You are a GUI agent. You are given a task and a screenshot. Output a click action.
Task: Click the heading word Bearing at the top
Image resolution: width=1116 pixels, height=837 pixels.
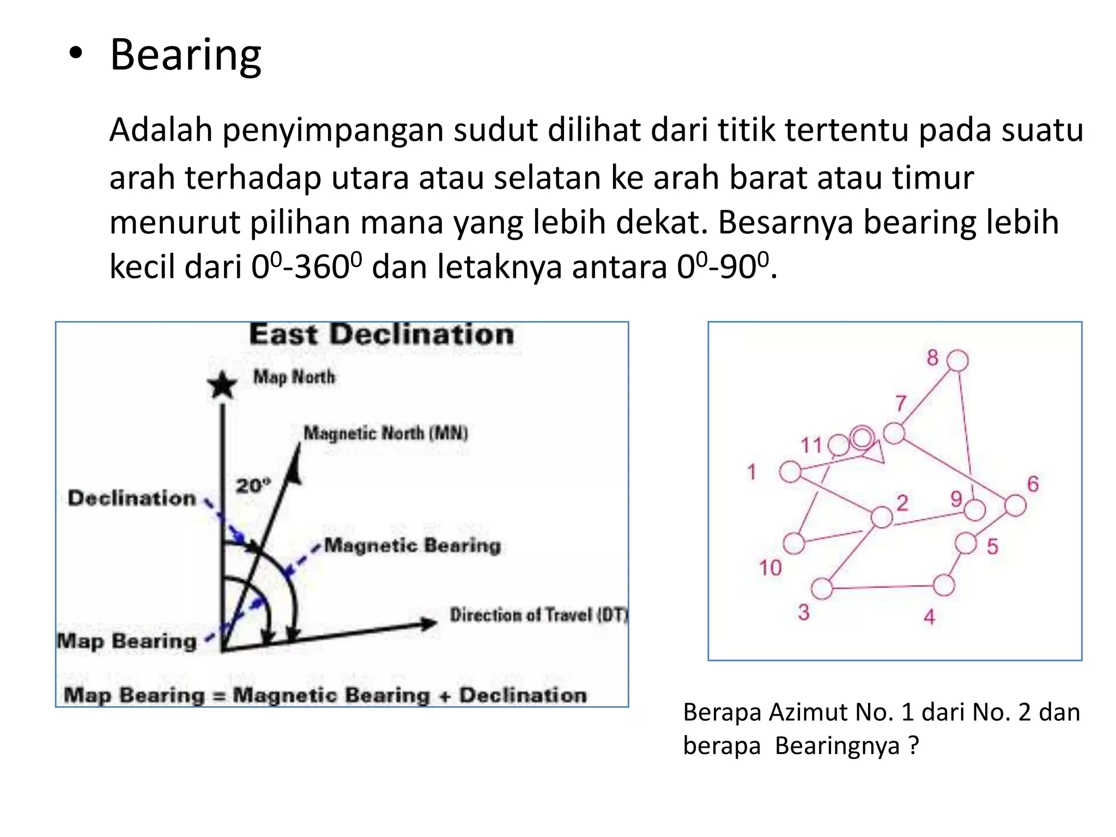coord(185,56)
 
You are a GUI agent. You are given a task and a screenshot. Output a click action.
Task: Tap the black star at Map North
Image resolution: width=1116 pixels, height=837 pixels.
coord(222,386)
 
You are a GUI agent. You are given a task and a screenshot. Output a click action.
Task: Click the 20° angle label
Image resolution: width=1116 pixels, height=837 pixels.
coord(253,485)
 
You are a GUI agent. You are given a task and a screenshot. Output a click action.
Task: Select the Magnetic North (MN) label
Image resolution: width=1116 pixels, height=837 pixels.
coord(385,433)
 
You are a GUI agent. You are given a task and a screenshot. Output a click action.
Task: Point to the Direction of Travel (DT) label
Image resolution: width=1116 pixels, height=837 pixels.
coord(538,615)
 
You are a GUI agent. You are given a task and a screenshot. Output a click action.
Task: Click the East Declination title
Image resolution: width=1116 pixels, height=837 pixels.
coord(381,335)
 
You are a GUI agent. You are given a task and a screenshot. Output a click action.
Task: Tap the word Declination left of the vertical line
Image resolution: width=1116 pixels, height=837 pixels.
coord(132,498)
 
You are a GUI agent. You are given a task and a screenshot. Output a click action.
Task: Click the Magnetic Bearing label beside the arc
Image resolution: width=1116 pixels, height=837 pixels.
coord(413,545)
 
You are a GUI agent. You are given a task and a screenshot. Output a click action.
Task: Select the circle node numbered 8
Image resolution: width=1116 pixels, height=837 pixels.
coord(957,361)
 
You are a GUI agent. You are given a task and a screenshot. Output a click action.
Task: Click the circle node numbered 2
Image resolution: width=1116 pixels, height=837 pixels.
coord(882,517)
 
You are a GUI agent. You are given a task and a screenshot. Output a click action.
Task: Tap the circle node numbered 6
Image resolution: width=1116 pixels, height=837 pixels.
coord(1015,505)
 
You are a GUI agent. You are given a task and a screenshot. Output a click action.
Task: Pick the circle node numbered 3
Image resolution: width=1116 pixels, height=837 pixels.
coord(822,589)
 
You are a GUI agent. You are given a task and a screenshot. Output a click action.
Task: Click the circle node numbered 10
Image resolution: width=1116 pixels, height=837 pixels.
coord(794,543)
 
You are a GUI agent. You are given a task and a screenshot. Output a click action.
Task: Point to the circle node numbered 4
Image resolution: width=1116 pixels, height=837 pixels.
coord(944,585)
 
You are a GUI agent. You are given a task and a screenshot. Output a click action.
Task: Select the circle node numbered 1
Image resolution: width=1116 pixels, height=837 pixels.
coord(790,472)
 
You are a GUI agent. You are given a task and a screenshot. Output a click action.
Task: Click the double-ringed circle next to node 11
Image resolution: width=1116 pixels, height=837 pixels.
coord(862,438)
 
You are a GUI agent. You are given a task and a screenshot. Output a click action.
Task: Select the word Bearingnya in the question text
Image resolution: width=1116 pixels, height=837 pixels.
coord(837,745)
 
